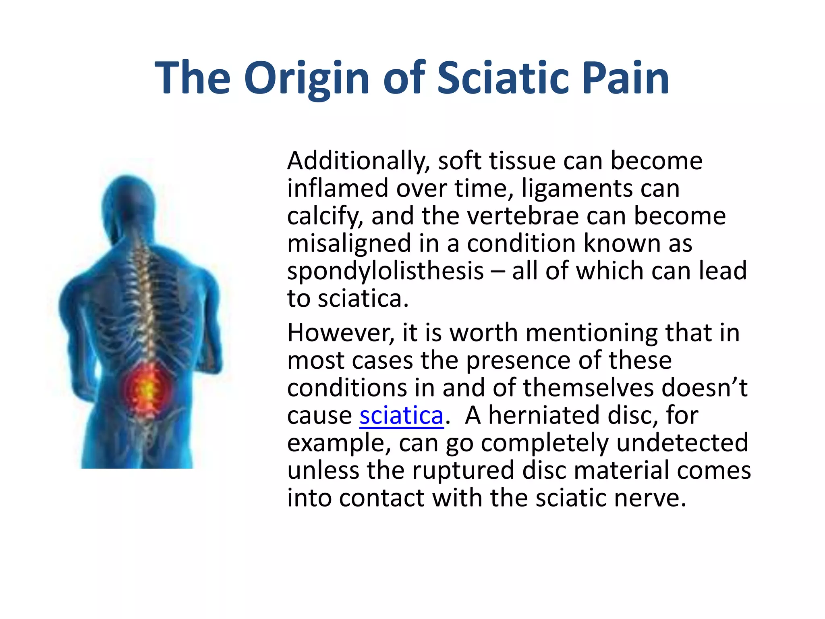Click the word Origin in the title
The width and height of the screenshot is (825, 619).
point(306,79)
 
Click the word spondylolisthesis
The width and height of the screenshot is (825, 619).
point(385,271)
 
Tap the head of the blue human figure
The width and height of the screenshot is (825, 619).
point(128,201)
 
